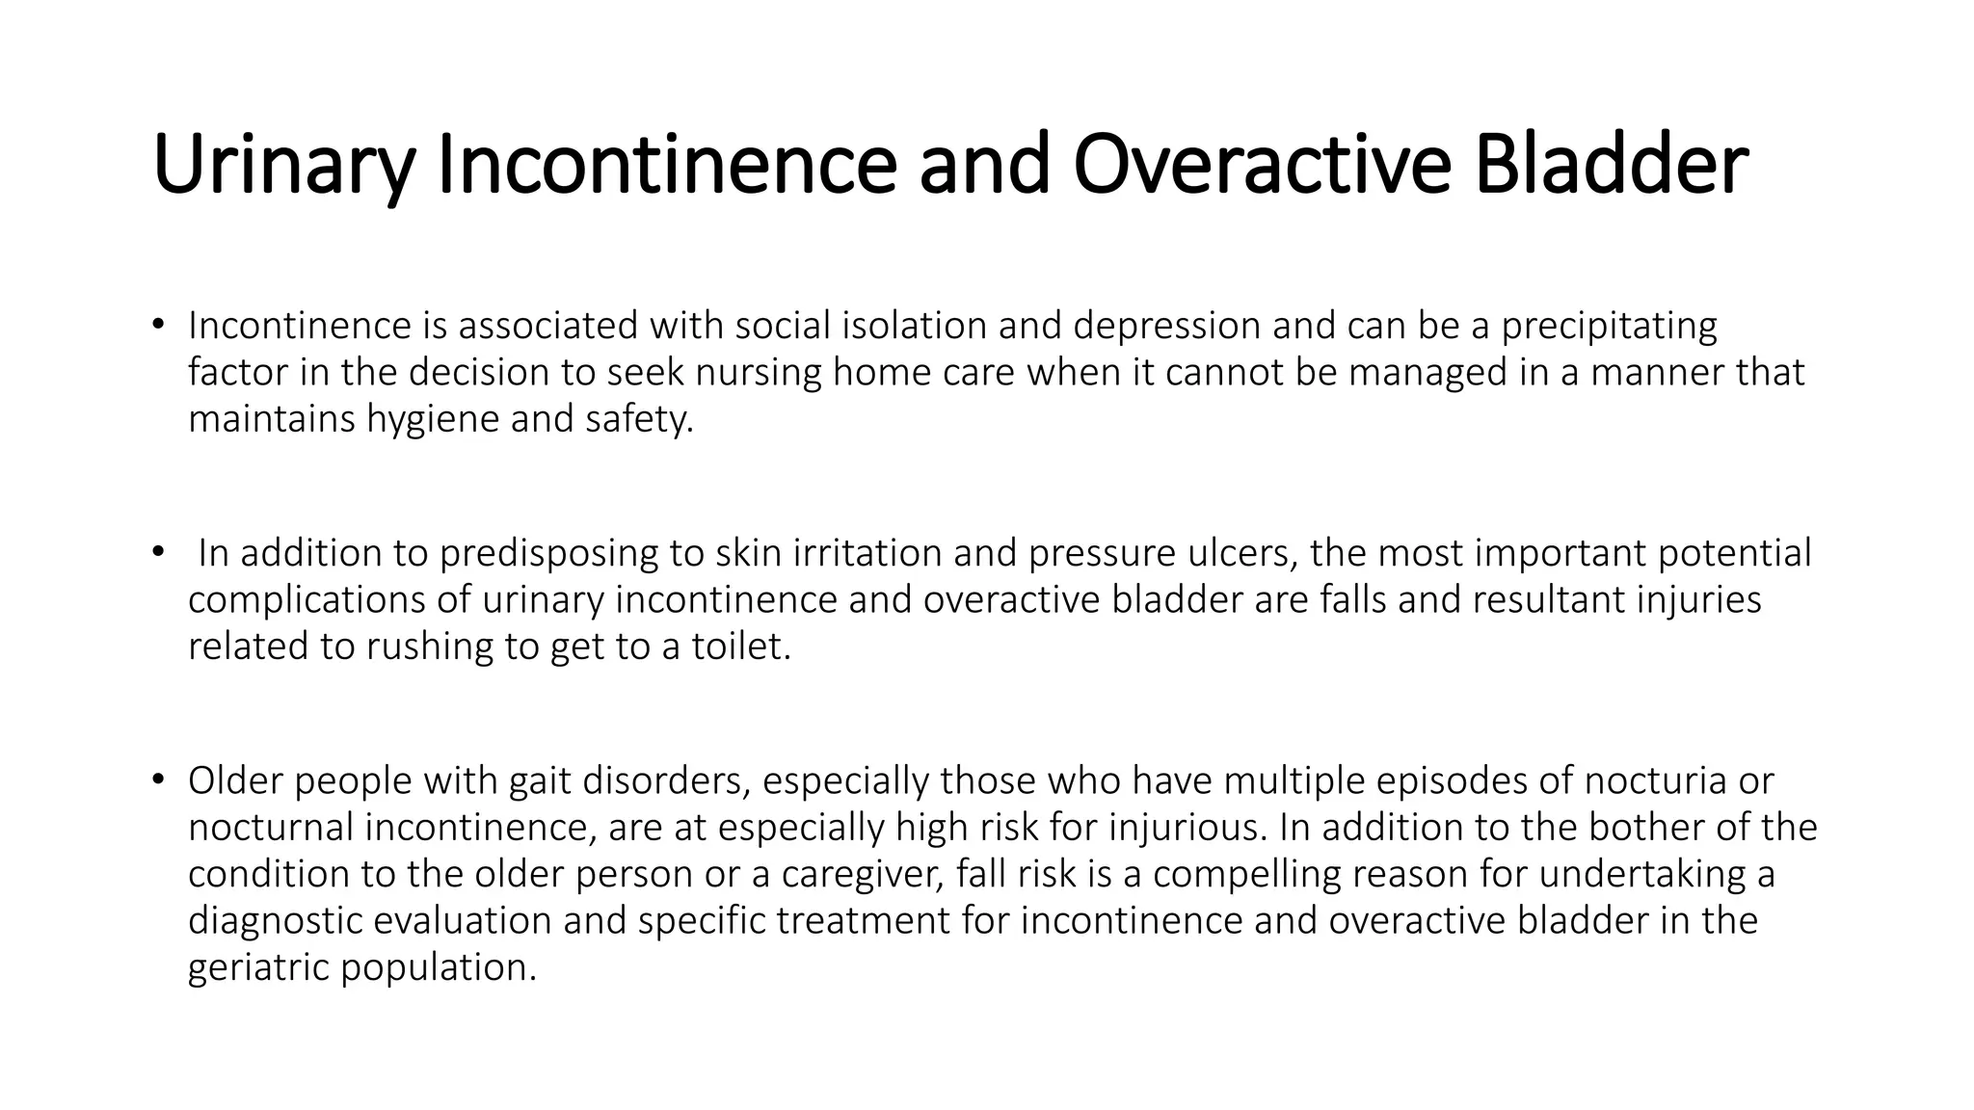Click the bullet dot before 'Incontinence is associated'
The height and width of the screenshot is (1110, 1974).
[158, 324]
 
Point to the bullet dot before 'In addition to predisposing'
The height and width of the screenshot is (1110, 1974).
[158, 551]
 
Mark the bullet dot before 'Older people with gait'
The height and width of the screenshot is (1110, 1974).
[158, 779]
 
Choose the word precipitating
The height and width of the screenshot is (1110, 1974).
[1609, 327]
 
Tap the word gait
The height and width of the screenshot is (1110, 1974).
[541, 781]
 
